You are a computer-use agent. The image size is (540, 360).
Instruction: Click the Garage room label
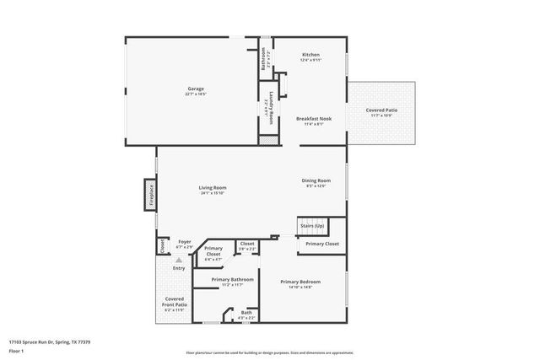(x=196, y=89)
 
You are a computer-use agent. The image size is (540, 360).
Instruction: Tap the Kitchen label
(x=311, y=55)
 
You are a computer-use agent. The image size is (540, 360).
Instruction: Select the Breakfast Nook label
(x=313, y=119)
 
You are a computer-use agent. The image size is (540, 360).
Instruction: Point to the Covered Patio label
(x=382, y=110)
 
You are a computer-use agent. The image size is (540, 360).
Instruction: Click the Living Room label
(x=213, y=187)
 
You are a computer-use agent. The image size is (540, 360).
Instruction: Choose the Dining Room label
(x=316, y=180)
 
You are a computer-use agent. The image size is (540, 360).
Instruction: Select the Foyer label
(x=184, y=242)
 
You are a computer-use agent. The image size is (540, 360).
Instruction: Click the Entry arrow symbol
(x=179, y=261)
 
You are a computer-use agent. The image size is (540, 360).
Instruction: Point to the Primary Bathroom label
(x=232, y=280)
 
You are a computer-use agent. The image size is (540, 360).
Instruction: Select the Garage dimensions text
(x=196, y=94)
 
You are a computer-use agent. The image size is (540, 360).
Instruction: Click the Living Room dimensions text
(x=213, y=193)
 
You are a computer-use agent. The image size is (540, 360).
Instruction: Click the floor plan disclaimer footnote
(x=269, y=352)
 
